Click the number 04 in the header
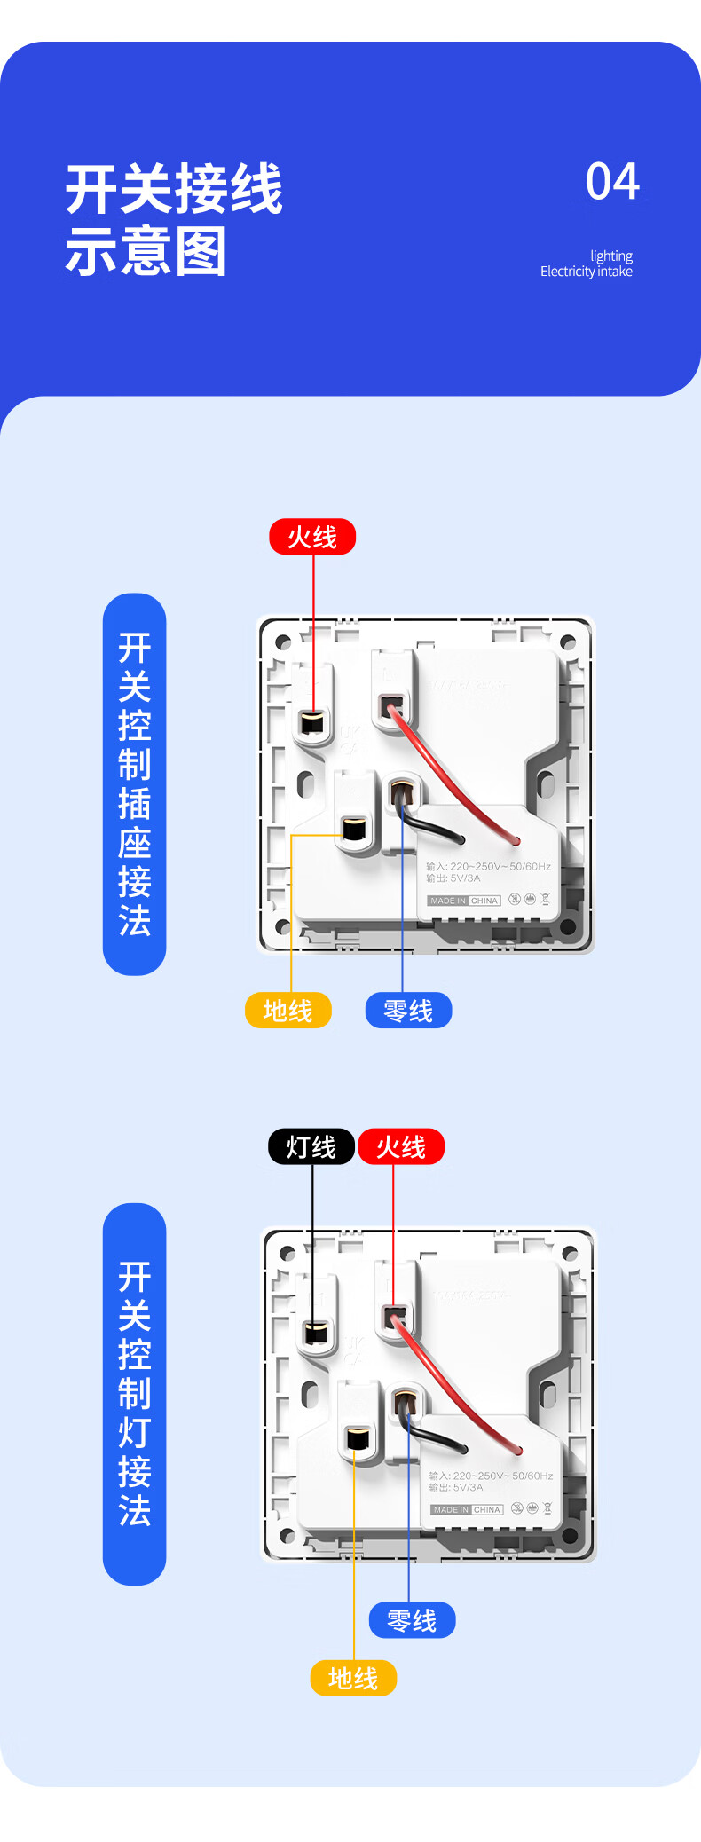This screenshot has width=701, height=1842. tap(612, 182)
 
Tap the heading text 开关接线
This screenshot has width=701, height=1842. tap(174, 189)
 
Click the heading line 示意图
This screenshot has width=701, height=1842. tap(146, 251)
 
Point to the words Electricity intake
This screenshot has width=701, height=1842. tap(586, 272)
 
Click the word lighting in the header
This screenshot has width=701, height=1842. tap(611, 256)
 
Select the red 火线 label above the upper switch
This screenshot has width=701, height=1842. tap(312, 537)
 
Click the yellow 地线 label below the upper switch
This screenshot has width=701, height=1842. tap(287, 1011)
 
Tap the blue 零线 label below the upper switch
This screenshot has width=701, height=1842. tap(408, 1011)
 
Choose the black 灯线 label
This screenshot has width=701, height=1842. tap(311, 1146)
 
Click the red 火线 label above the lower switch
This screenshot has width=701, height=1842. tap(401, 1146)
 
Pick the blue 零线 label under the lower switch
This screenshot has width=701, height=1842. tap(412, 1620)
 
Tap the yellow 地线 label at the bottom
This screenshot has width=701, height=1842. tap(353, 1678)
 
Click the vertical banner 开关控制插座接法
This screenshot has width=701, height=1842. tap(135, 784)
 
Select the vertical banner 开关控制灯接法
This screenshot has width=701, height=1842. tap(135, 1393)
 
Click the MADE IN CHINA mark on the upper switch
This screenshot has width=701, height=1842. tap(464, 901)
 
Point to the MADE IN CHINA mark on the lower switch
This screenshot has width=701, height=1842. tap(467, 1509)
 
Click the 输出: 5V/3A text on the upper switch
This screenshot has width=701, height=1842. tap(453, 878)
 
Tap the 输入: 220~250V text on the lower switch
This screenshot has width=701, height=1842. tap(491, 1476)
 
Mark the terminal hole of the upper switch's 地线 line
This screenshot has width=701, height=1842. tap(354, 830)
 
